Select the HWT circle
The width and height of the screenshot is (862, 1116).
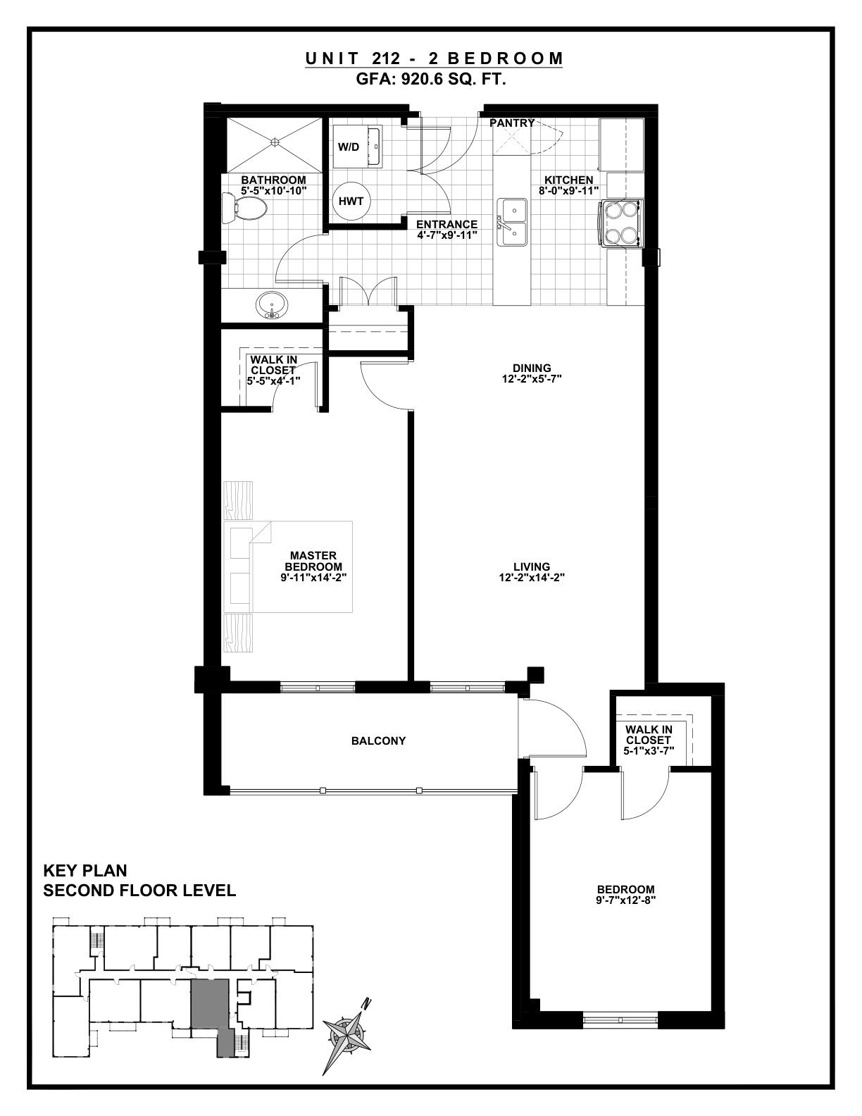click(351, 201)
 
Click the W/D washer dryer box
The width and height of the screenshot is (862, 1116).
click(356, 147)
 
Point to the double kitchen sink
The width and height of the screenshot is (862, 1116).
click(511, 223)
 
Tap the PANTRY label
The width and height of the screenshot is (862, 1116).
click(512, 123)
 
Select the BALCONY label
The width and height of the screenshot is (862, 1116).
click(378, 740)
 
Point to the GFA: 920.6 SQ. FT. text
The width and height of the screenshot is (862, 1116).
click(431, 80)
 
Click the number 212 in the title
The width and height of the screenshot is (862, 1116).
click(387, 58)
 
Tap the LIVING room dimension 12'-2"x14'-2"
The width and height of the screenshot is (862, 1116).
click(532, 577)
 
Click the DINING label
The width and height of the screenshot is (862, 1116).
click(532, 368)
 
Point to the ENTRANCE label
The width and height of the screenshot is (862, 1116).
click(446, 225)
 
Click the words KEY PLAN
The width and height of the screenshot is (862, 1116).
click(85, 871)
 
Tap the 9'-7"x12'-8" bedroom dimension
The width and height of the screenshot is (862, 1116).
click(626, 900)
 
